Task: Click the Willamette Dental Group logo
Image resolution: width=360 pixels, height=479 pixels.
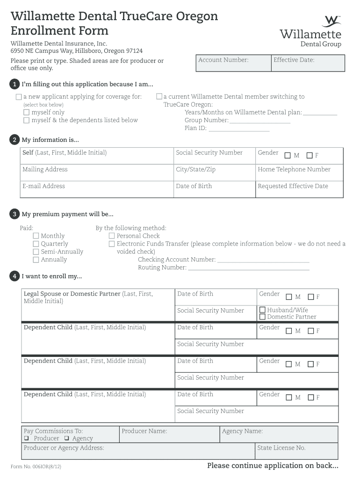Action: pyautogui.click(x=310, y=31)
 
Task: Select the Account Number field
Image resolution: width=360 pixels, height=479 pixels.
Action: pyautogui.click(x=233, y=63)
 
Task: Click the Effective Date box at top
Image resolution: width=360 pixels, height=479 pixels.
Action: pyautogui.click(x=308, y=63)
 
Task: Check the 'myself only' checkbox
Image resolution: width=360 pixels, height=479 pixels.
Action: pyautogui.click(x=27, y=113)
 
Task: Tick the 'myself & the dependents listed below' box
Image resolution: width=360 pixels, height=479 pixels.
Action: pyautogui.click(x=27, y=121)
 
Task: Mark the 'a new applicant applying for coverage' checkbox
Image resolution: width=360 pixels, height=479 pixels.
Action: pyautogui.click(x=19, y=97)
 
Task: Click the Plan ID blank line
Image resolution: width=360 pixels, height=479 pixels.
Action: pyautogui.click(x=238, y=129)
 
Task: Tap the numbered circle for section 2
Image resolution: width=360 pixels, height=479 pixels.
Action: pyautogui.click(x=14, y=140)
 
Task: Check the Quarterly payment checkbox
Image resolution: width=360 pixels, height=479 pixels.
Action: pyautogui.click(x=36, y=244)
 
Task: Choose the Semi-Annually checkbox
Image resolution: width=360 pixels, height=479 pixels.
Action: pyautogui.click(x=36, y=252)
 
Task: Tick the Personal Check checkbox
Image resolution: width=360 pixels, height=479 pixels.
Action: pyautogui.click(x=112, y=236)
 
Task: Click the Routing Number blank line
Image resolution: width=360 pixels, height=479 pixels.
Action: pyautogui.click(x=248, y=268)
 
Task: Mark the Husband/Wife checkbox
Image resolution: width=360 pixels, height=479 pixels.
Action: pyautogui.click(x=263, y=310)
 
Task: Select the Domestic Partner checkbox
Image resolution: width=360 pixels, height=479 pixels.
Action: pyautogui.click(x=263, y=317)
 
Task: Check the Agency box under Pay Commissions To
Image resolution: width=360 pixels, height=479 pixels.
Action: pyautogui.click(x=67, y=439)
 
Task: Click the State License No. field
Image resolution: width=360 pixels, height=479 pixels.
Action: pyautogui.click(x=296, y=451)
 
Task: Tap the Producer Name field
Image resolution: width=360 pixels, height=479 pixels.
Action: pyautogui.click(x=169, y=435)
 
